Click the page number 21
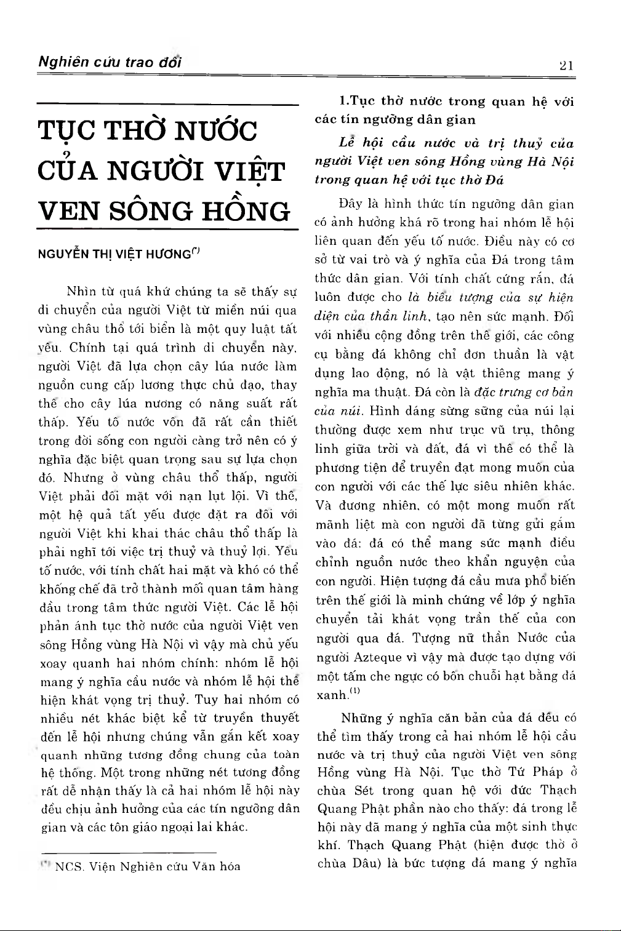pos(567,65)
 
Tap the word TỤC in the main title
pos(67,131)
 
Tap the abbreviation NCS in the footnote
pos(69,867)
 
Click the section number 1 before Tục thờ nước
pos(343,102)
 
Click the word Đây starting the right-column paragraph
pos(351,204)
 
